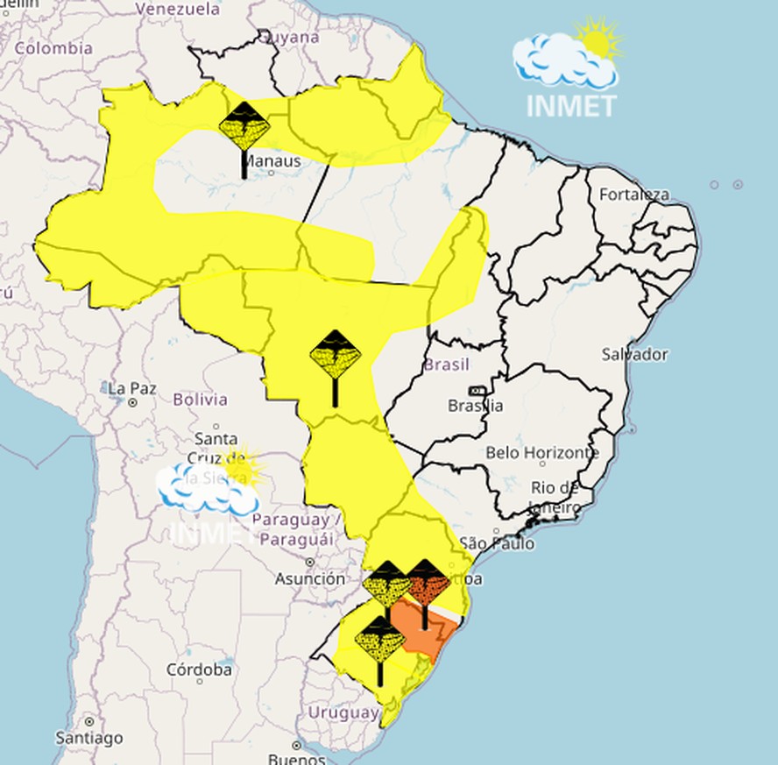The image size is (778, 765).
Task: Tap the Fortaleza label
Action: [633, 195]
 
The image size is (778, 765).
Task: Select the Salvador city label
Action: [634, 354]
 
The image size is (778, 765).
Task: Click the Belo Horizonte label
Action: [542, 453]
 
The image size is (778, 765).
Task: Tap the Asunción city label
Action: [309, 578]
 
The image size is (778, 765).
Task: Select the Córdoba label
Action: [200, 669]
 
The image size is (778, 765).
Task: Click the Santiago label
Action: [89, 738]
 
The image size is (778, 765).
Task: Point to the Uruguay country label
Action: [343, 712]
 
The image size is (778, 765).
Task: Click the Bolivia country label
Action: [200, 400]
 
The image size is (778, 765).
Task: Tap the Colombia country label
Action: [53, 48]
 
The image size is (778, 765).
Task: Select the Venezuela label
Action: [177, 10]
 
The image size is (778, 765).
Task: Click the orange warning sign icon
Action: [428, 581]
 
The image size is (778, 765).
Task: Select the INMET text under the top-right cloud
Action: [571, 105]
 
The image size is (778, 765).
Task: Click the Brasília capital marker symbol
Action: [477, 391]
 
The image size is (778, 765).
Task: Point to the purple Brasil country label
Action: [447, 365]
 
